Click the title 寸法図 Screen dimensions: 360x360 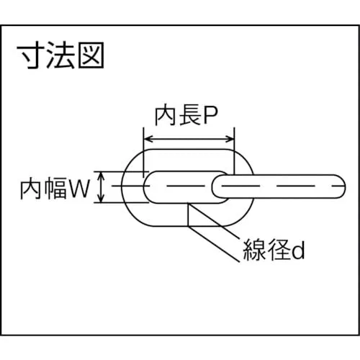[60, 55]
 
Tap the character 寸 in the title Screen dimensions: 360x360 [31, 55]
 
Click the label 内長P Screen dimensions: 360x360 [186, 116]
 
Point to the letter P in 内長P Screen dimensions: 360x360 [210, 116]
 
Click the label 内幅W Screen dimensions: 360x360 [55, 189]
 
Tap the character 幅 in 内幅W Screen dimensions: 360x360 [56, 189]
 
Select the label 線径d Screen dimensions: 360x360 [274, 250]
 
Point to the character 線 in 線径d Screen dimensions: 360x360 [254, 250]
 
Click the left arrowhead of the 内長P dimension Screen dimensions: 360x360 [147, 139]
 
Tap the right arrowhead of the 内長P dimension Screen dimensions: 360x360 [230, 139]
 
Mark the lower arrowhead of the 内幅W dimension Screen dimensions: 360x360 [102, 199]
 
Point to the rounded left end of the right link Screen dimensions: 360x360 [212, 186]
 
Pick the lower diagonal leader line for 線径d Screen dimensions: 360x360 [214, 244]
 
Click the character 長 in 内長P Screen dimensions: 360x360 [190, 116]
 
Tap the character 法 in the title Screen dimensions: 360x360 [61, 55]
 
